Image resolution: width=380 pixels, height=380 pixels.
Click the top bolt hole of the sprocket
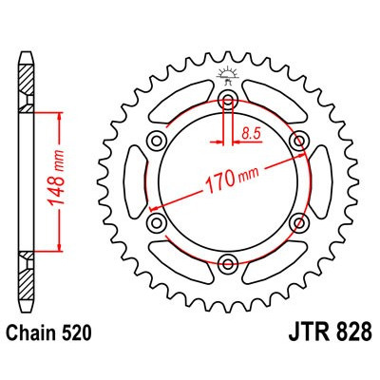[228, 101]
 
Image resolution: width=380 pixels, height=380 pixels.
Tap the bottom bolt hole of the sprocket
[228, 263]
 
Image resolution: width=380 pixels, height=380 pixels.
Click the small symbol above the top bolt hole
[228, 72]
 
